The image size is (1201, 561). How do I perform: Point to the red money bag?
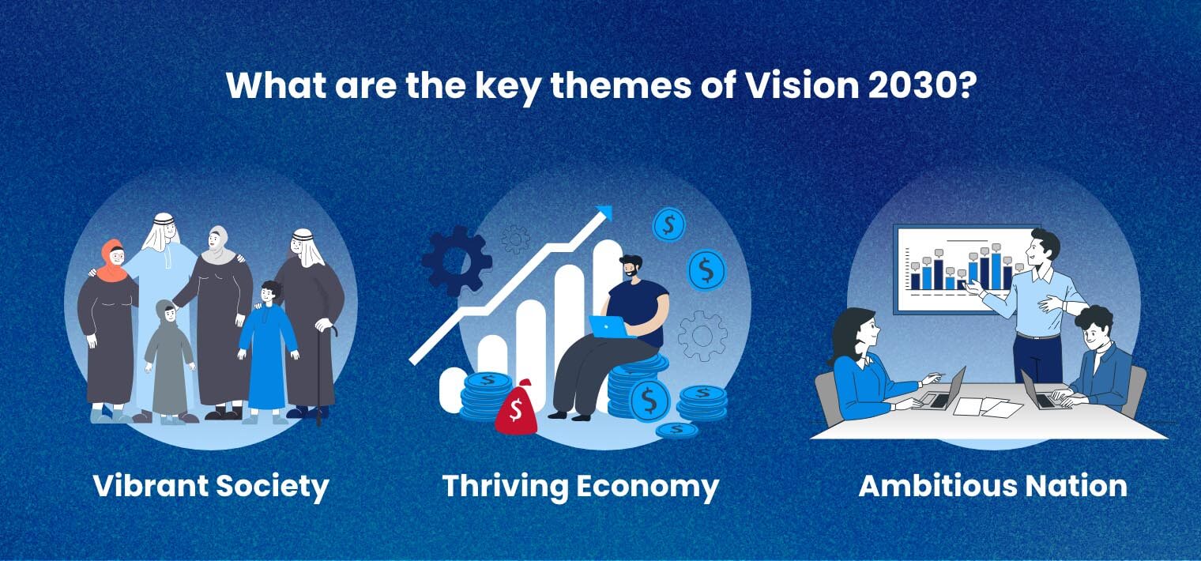(515, 409)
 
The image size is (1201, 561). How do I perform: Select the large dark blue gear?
(456, 261)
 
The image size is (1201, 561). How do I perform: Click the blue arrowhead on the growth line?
(604, 213)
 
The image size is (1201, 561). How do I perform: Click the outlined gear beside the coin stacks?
(702, 336)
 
